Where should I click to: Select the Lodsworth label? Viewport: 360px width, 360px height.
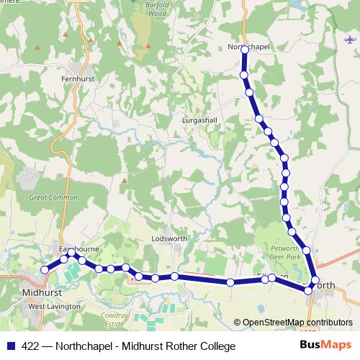[x=169, y=239]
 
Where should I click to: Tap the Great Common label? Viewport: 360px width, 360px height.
[x=53, y=197]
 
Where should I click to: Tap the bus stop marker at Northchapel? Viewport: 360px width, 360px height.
[x=245, y=50]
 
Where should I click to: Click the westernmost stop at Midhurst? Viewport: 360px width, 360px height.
[x=45, y=270]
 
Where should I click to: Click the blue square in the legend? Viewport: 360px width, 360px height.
[x=10, y=346]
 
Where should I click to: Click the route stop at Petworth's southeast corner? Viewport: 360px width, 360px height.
[x=309, y=291]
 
